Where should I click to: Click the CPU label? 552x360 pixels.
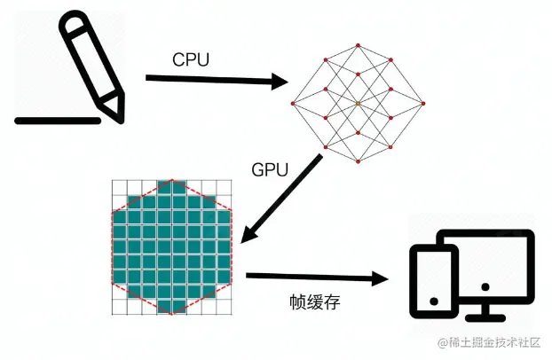(x=190, y=59)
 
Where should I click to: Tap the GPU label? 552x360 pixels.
(x=271, y=170)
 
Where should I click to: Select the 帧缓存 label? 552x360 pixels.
(x=315, y=302)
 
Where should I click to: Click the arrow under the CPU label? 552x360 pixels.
(x=217, y=81)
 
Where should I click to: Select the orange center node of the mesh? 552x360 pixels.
(x=357, y=104)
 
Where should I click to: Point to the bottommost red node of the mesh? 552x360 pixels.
(x=357, y=164)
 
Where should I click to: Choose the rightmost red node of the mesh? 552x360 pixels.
(x=418, y=104)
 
